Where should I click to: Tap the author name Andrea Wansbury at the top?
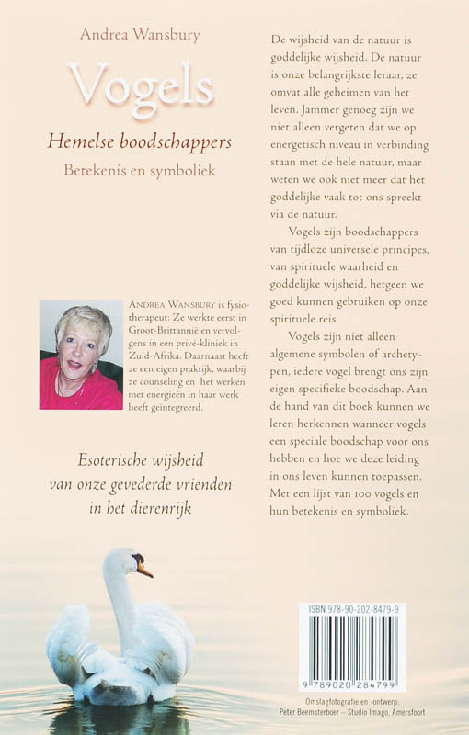point(140,34)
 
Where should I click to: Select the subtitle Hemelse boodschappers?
point(140,141)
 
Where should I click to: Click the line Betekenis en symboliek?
point(140,170)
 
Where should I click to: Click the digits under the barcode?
point(353,686)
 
